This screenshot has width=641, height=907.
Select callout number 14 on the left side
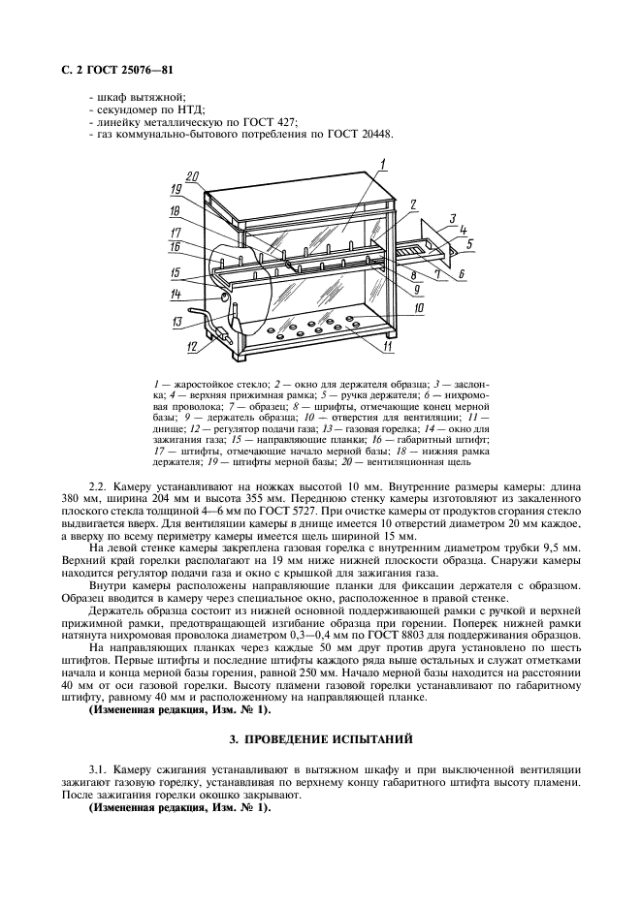coord(176,294)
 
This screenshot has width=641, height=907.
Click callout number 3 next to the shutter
coord(452,220)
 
